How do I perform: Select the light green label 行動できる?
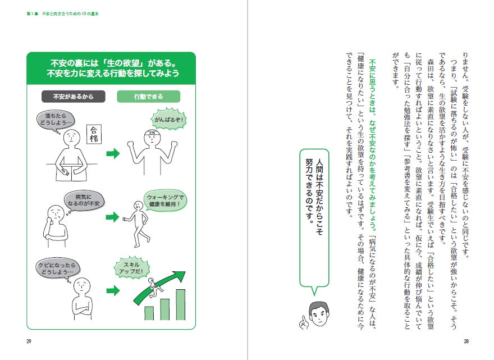pos(148,96)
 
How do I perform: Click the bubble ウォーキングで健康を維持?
pos(166,200)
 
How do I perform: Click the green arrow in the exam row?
pos(113,153)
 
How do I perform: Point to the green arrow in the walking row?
pos(113,217)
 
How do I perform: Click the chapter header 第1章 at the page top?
pos(32,12)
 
